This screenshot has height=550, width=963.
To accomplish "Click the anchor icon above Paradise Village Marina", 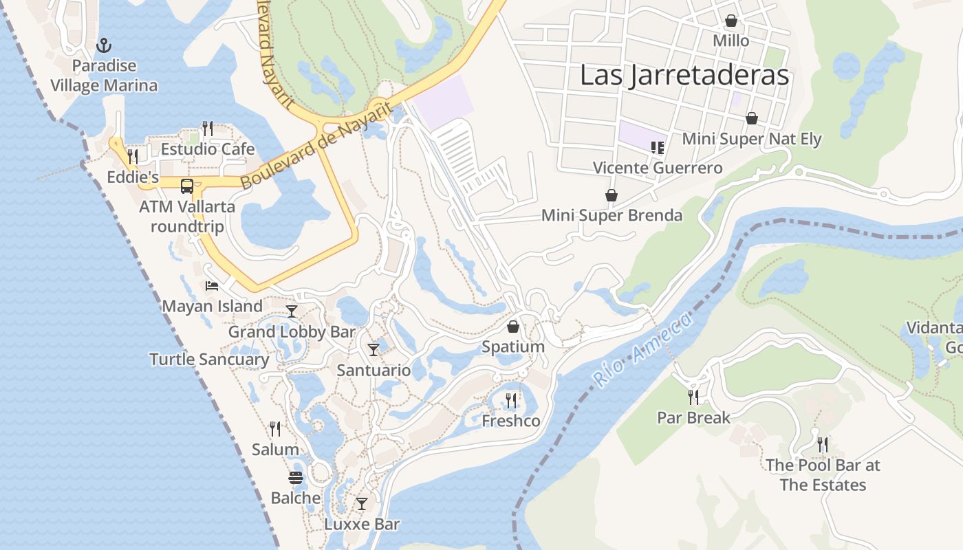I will (104, 46).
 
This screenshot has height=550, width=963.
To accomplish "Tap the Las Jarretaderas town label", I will (684, 75).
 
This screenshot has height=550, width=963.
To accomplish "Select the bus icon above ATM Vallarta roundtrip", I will (186, 186).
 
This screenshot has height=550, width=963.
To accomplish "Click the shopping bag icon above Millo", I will (731, 21).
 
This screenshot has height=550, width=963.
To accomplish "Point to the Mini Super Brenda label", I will (612, 215).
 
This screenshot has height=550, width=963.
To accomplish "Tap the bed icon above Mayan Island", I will (212, 285).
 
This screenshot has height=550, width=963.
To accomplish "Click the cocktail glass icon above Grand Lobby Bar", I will (292, 311).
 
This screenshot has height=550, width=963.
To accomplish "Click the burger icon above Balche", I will (296, 478).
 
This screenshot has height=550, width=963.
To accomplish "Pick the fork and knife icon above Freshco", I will (511, 400).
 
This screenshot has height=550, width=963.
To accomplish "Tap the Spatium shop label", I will (513, 346).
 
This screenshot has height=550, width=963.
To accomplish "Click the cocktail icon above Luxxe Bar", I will (362, 504).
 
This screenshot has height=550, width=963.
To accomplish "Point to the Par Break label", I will (693, 417).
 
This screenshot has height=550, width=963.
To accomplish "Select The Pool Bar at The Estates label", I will (823, 475).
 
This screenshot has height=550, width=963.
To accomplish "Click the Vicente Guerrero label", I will (658, 168).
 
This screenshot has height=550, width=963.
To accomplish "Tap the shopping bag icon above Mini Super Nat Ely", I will (752, 118).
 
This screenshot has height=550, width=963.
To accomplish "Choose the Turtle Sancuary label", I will (209, 359).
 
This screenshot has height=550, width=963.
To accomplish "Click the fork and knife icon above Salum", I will (275, 429).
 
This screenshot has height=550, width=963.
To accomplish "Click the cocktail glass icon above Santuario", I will (374, 350).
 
